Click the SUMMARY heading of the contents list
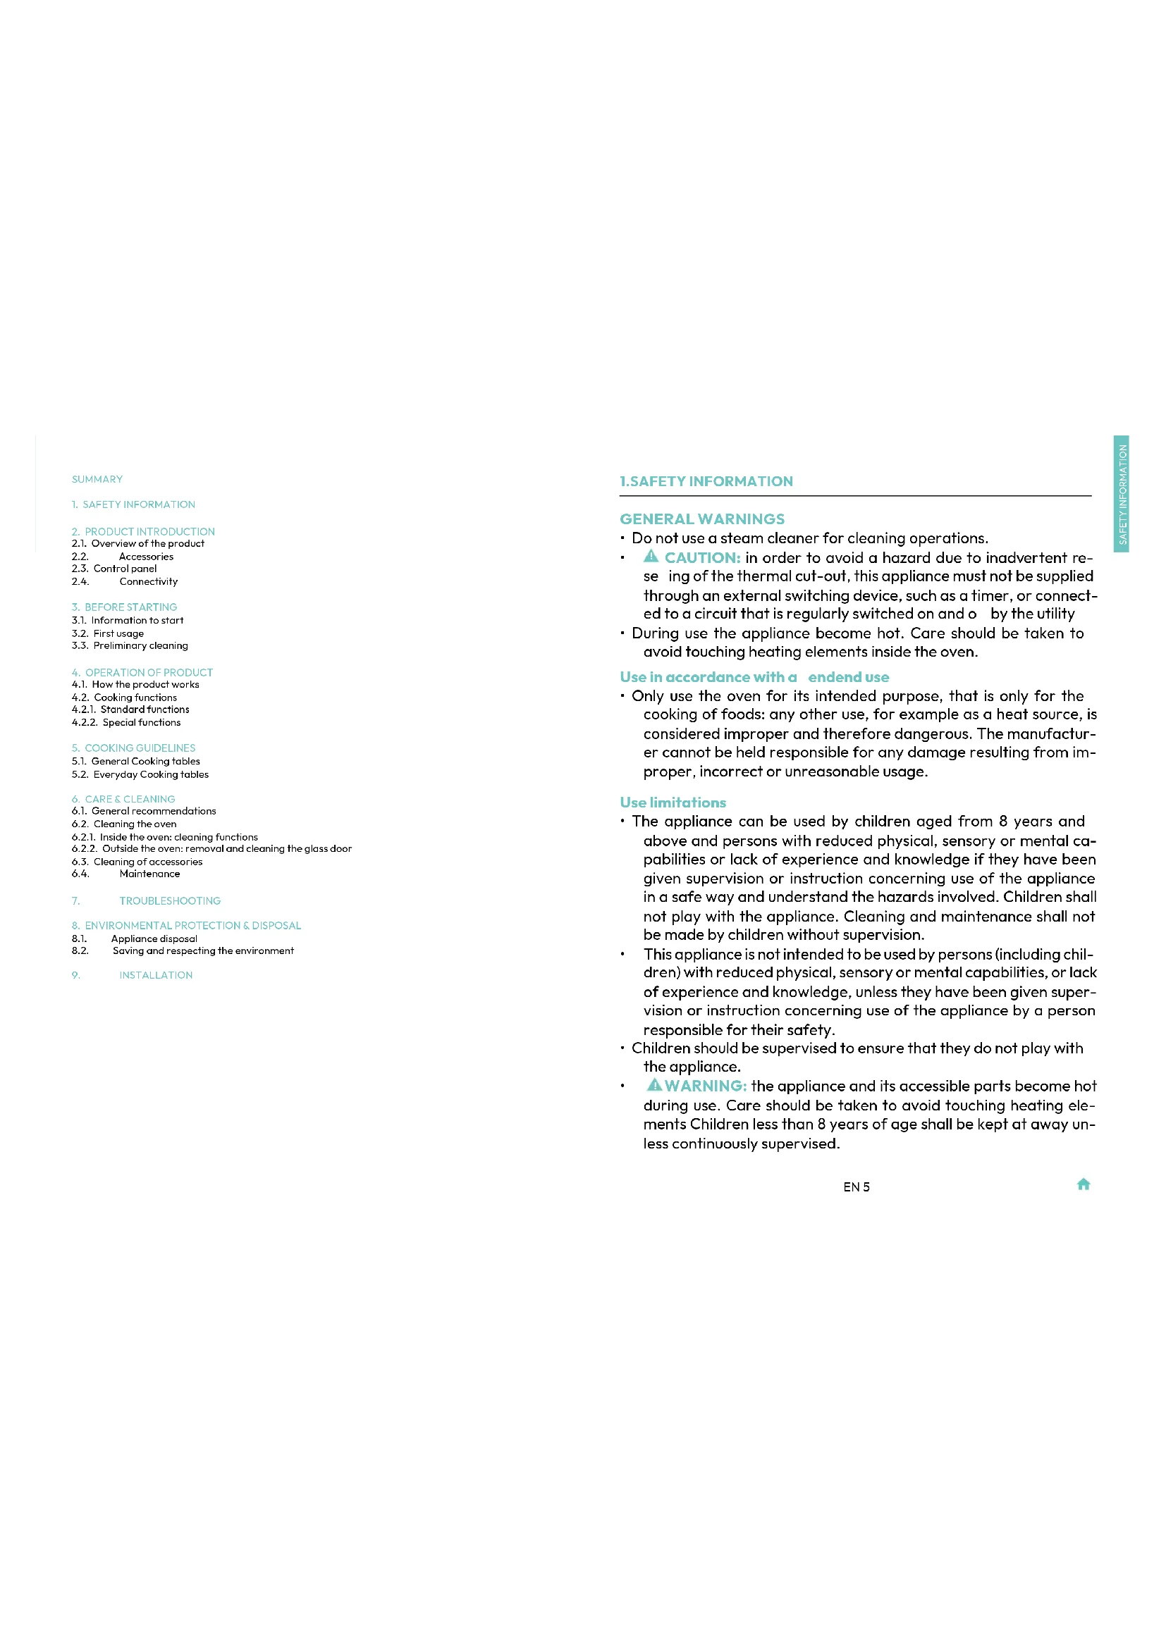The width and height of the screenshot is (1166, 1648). click(x=97, y=480)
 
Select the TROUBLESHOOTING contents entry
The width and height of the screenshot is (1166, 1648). click(x=169, y=901)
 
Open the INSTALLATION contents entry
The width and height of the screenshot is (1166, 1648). click(x=156, y=974)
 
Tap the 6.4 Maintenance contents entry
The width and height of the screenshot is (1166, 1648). click(x=149, y=874)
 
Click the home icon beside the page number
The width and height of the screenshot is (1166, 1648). click(x=1084, y=1184)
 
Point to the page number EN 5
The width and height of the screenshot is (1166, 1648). click(x=856, y=1187)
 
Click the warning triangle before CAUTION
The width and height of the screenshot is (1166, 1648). click(x=651, y=557)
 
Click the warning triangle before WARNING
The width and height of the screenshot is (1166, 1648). click(x=654, y=1084)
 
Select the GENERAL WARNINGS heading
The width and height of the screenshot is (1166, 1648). click(x=701, y=519)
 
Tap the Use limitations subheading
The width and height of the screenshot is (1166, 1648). click(x=673, y=803)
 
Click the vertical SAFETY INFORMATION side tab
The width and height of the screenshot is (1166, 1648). click(x=1122, y=494)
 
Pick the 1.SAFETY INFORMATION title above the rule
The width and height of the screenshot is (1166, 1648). click(x=706, y=482)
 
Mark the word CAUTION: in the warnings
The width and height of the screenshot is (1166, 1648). click(x=702, y=558)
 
